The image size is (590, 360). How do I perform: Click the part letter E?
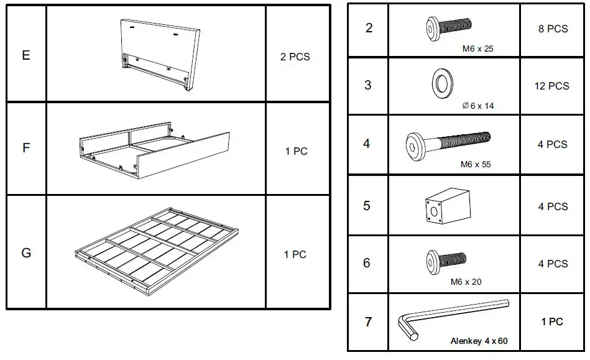[x=26, y=55]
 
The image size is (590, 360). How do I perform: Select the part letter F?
[x=26, y=149]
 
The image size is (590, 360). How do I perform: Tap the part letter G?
[x=26, y=254]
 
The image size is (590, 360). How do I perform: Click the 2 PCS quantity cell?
[x=295, y=57]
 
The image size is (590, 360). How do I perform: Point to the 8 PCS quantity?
[x=552, y=29]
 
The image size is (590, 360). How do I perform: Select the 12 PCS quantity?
[x=551, y=86]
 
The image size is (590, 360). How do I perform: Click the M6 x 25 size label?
[x=477, y=48]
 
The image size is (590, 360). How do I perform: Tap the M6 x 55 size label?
[x=476, y=165]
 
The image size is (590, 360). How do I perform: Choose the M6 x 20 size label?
[x=466, y=282]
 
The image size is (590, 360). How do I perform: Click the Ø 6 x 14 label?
[x=478, y=106]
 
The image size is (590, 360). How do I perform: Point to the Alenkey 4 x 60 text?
[x=479, y=341]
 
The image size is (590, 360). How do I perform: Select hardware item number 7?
[x=368, y=322]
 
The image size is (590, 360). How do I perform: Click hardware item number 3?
[x=367, y=85]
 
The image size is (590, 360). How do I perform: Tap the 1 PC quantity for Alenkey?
[x=551, y=321]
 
